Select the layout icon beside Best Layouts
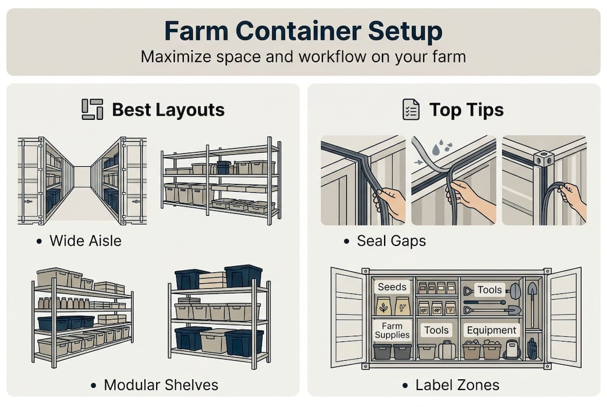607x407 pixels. coord(93,110)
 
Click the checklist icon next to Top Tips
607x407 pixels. coord(411,110)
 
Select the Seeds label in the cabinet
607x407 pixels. coord(392,287)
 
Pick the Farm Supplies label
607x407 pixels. coord(392,331)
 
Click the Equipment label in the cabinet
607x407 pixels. coord(491,330)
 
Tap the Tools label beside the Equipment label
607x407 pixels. coord(436,330)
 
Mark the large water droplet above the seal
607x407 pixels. coord(437,149)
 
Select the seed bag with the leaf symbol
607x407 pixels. coord(384,306)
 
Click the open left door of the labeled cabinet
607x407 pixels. coord(348,317)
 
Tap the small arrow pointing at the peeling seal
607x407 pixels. coord(419,162)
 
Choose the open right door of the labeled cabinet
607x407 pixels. coord(565,317)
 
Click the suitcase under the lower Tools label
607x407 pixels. coord(447,350)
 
